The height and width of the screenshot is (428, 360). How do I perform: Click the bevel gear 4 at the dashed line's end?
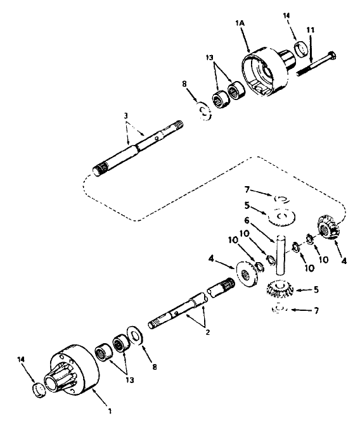click(326, 227)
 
